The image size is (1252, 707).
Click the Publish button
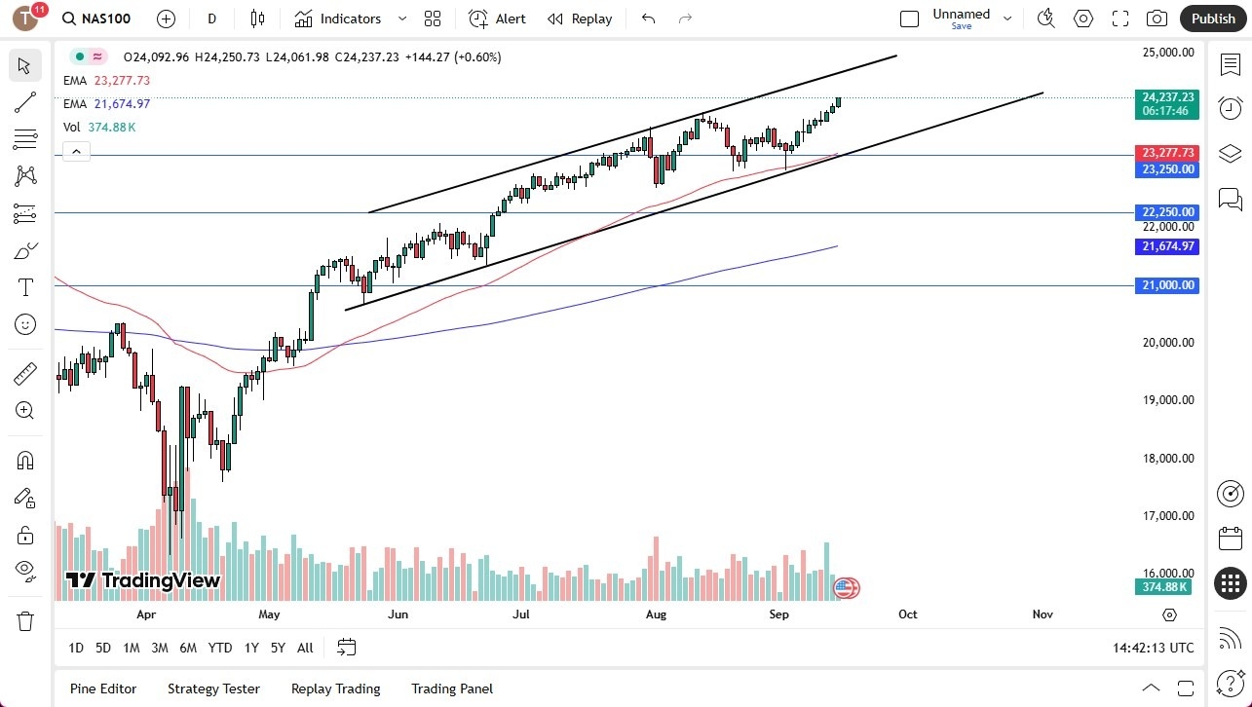tap(1213, 19)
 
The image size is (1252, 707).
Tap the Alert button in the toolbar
tap(497, 19)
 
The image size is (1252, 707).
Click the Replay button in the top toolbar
tap(580, 19)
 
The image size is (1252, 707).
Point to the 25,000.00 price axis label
tap(1167, 53)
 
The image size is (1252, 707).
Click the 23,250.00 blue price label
tap(1167, 169)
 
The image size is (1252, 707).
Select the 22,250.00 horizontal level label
tap(1167, 212)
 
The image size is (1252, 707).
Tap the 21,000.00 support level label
tap(1167, 285)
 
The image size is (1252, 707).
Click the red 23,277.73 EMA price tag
tap(1167, 153)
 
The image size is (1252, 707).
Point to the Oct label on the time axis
tap(907, 614)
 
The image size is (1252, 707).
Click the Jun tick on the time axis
tap(398, 614)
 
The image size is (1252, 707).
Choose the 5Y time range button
tap(278, 648)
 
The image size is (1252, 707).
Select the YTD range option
tap(220, 648)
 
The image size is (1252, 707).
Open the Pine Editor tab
tap(103, 688)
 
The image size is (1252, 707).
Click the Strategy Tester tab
tap(213, 688)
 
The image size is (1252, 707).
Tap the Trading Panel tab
tap(452, 688)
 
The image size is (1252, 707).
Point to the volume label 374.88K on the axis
tap(1167, 587)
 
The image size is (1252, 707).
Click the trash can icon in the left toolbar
tap(25, 621)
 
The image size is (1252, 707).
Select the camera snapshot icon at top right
tap(1157, 19)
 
